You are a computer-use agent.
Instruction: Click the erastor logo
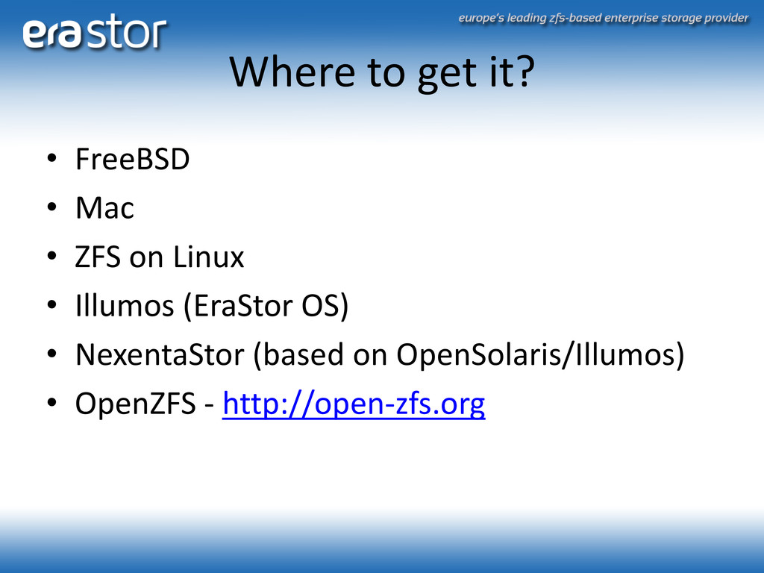pos(95,31)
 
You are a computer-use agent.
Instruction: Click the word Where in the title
pos(292,72)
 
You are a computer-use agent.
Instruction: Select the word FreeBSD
pos(133,159)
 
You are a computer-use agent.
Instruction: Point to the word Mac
pos(104,208)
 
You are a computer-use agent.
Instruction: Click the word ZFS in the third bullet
pos(98,257)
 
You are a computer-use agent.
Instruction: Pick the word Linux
pos(209,257)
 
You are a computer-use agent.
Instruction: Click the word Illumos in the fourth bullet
pos(125,305)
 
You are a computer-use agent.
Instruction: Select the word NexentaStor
pos(160,354)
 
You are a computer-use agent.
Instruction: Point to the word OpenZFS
pos(136,404)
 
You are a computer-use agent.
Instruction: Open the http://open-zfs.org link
pos(354,404)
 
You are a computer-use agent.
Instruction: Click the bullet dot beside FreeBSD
pos(52,158)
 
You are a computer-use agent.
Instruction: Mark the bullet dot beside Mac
pos(52,207)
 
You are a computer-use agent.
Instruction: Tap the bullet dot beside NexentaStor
pos(52,353)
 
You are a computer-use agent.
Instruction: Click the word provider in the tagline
pos(726,19)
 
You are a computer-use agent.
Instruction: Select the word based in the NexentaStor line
pos(303,354)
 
